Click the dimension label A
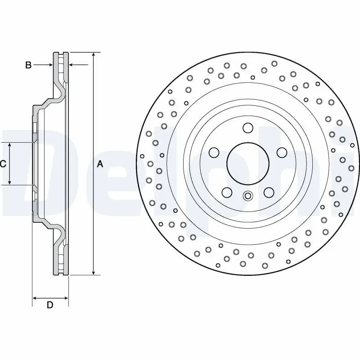click(100, 164)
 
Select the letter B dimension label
click(28, 66)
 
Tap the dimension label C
click(3, 164)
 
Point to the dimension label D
click(50, 305)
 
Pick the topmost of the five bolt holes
click(248, 128)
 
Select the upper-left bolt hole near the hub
click(214, 152)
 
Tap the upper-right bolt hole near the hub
click(282, 152)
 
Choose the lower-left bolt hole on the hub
click(227, 193)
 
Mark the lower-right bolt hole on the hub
click(269, 193)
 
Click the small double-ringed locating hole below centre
click(248, 196)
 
